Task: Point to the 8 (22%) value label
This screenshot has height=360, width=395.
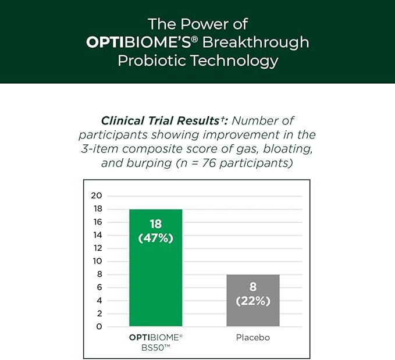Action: coord(252,294)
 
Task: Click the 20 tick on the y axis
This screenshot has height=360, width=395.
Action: coord(97,195)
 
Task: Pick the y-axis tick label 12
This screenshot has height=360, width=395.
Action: coord(97,248)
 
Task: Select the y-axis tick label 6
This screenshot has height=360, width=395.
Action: coord(99,288)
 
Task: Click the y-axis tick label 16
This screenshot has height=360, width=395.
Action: coord(97,222)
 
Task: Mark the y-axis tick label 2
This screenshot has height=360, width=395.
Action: coord(99,314)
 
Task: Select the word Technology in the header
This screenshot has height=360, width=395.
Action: coord(236,60)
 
